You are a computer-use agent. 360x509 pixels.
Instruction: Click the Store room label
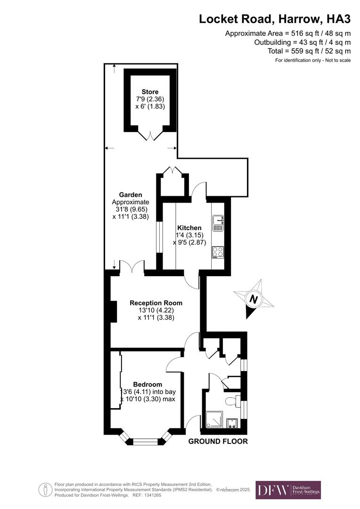[150, 91]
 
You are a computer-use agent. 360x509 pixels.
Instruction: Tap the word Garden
[131, 195]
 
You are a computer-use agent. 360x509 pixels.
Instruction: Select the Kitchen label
[189, 228]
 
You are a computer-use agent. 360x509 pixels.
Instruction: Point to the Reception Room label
[156, 303]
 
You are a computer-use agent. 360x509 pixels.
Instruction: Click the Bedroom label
[147, 384]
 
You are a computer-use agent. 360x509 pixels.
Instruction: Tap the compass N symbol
[254, 300]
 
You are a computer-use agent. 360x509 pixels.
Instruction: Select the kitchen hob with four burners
[218, 252]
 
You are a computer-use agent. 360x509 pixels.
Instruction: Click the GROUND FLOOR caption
[218, 442]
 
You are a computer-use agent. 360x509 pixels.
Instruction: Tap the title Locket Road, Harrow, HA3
[275, 19]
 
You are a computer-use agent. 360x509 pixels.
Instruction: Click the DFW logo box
[288, 490]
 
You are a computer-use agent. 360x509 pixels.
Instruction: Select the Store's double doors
[151, 135]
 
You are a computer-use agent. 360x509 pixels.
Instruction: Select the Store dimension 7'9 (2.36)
[150, 99]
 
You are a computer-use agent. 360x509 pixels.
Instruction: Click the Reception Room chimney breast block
[114, 312]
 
